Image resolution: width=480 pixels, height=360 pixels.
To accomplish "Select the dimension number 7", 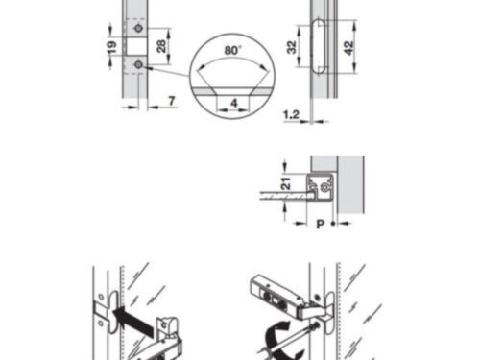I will pos(170,101).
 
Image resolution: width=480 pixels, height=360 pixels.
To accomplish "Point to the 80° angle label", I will pos(232,48).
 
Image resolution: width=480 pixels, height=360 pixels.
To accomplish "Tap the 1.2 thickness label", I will pos(291,113).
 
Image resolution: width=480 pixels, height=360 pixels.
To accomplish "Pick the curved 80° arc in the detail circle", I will pos(231,60).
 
